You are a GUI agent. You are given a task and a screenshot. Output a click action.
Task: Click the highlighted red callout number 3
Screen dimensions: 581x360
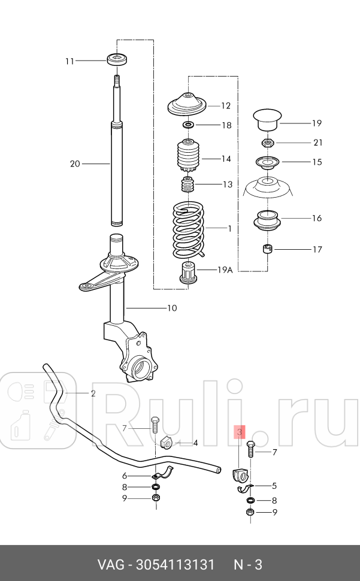coord(239,431)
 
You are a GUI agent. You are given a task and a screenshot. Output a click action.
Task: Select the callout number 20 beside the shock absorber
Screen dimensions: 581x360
coord(75,164)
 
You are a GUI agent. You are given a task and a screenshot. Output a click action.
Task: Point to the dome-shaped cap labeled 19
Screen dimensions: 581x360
coord(267,119)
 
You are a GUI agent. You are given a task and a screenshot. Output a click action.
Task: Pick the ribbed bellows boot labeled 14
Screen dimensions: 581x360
coord(189,156)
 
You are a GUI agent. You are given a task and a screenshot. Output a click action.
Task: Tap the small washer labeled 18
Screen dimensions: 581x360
coord(188,125)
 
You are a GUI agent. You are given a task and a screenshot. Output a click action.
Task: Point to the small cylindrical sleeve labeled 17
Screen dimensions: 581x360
coord(267,249)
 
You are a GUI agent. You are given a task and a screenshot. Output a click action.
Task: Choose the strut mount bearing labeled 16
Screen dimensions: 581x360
coord(267,221)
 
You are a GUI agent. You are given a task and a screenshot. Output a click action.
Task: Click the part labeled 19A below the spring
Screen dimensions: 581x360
coord(189,273)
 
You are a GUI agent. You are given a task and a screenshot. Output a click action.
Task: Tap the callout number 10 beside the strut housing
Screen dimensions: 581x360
coord(172,308)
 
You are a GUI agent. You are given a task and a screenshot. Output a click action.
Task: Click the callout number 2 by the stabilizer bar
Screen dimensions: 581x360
coord(93,394)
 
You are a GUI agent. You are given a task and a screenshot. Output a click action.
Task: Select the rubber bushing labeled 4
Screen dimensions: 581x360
coord(167,443)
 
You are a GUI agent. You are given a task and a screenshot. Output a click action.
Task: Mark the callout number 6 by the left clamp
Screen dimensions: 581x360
coord(125,476)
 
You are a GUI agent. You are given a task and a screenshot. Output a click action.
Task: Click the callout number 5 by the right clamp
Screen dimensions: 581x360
coord(274,486)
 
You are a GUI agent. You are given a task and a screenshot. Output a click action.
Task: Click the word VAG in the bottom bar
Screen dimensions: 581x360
coord(111,565)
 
